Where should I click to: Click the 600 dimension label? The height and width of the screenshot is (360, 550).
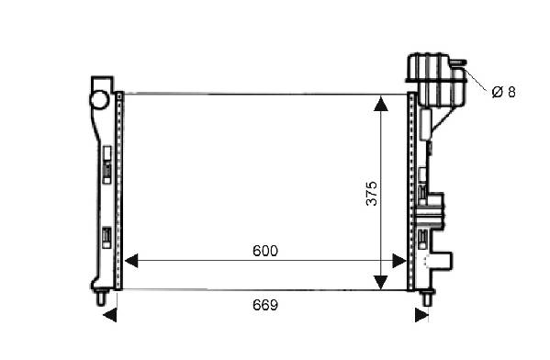[265, 251]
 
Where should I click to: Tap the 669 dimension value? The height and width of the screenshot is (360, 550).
[265, 305]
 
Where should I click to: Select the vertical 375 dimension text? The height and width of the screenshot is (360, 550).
[372, 194]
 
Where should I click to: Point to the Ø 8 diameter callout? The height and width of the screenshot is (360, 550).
[504, 92]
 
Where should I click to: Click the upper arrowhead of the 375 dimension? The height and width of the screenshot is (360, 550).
[381, 104]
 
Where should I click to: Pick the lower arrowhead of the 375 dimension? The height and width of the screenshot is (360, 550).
[381, 283]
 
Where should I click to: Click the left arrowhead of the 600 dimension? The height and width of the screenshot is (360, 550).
[131, 261]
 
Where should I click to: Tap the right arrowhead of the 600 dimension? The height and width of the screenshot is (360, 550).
[399, 261]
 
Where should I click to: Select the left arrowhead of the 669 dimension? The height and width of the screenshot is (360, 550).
[110, 315]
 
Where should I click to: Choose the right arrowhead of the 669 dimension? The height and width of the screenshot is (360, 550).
[421, 315]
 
